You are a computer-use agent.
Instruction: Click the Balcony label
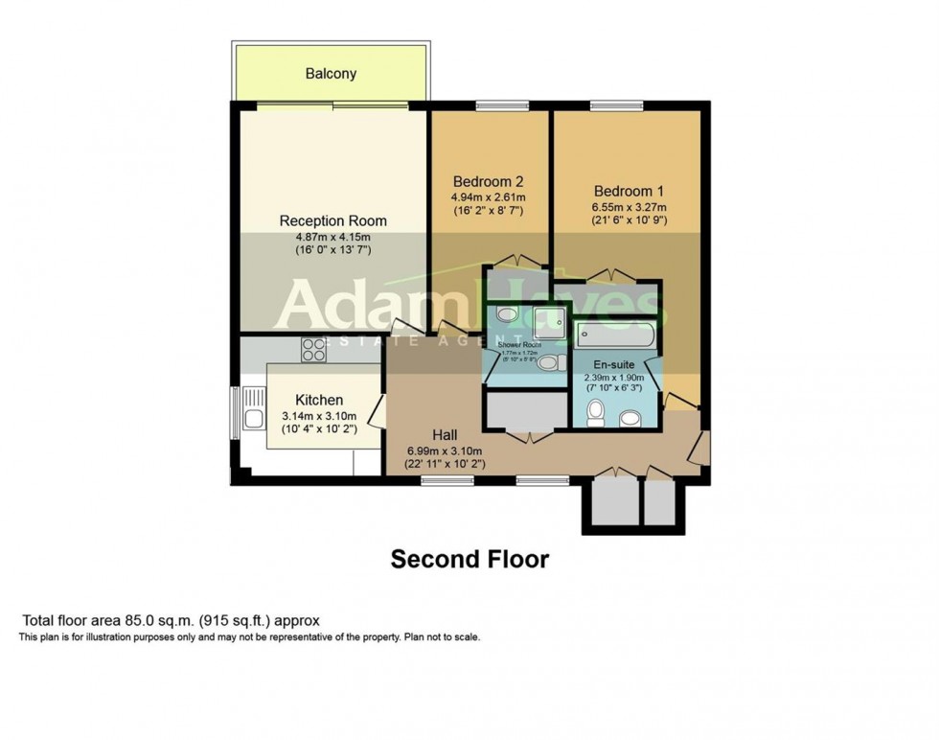(x=331, y=73)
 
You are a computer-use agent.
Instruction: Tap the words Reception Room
(x=332, y=220)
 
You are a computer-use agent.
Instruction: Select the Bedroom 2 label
(x=488, y=181)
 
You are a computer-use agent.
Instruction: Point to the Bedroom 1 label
(x=629, y=190)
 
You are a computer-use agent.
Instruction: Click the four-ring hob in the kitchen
(x=313, y=350)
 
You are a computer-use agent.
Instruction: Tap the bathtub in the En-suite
(x=615, y=336)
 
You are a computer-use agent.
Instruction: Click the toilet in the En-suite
(x=595, y=413)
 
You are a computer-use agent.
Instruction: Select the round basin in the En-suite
(x=630, y=418)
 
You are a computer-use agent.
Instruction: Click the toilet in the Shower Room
(x=547, y=363)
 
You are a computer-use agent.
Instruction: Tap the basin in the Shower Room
(x=506, y=314)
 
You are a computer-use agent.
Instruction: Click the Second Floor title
(x=469, y=559)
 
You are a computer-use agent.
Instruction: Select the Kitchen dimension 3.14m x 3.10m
(x=319, y=416)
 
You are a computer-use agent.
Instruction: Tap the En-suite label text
(x=613, y=364)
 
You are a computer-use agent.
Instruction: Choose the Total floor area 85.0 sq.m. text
(x=170, y=620)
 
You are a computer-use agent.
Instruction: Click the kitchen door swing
(x=376, y=414)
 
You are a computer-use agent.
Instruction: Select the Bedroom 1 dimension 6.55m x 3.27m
(x=629, y=207)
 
